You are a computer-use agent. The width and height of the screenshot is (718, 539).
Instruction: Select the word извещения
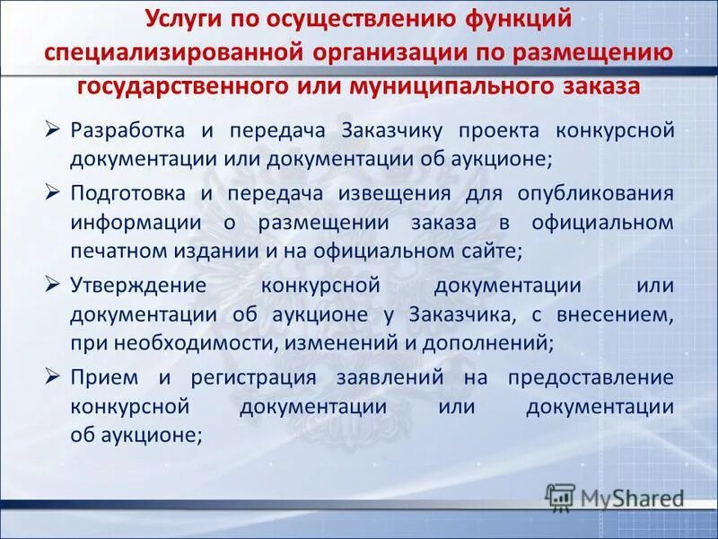(x=400, y=194)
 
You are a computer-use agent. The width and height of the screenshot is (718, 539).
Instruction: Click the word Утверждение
(x=137, y=285)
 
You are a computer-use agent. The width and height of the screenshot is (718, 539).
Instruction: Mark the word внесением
(x=620, y=314)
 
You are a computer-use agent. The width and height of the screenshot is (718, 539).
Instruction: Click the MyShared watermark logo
(x=615, y=497)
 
